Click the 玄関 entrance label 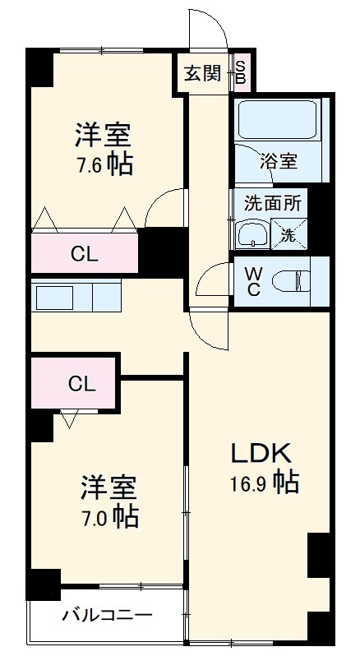pyautogui.click(x=203, y=74)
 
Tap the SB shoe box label pyautogui.click(x=240, y=72)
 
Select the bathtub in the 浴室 pyautogui.click(x=277, y=119)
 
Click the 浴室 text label pyautogui.click(x=279, y=161)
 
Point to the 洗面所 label pyautogui.click(x=273, y=203)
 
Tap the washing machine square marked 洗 pyautogui.click(x=289, y=234)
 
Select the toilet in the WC pyautogui.click(x=292, y=281)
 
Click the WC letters pyautogui.click(x=254, y=282)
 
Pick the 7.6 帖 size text pyautogui.click(x=104, y=164)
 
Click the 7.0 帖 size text pyautogui.click(x=110, y=518)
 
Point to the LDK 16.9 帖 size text pyautogui.click(x=264, y=483)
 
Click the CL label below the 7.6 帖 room pyautogui.click(x=84, y=254)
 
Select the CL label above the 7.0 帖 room pyautogui.click(x=82, y=384)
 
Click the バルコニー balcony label pyautogui.click(x=108, y=615)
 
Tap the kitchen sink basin pyautogui.click(x=55, y=298)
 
